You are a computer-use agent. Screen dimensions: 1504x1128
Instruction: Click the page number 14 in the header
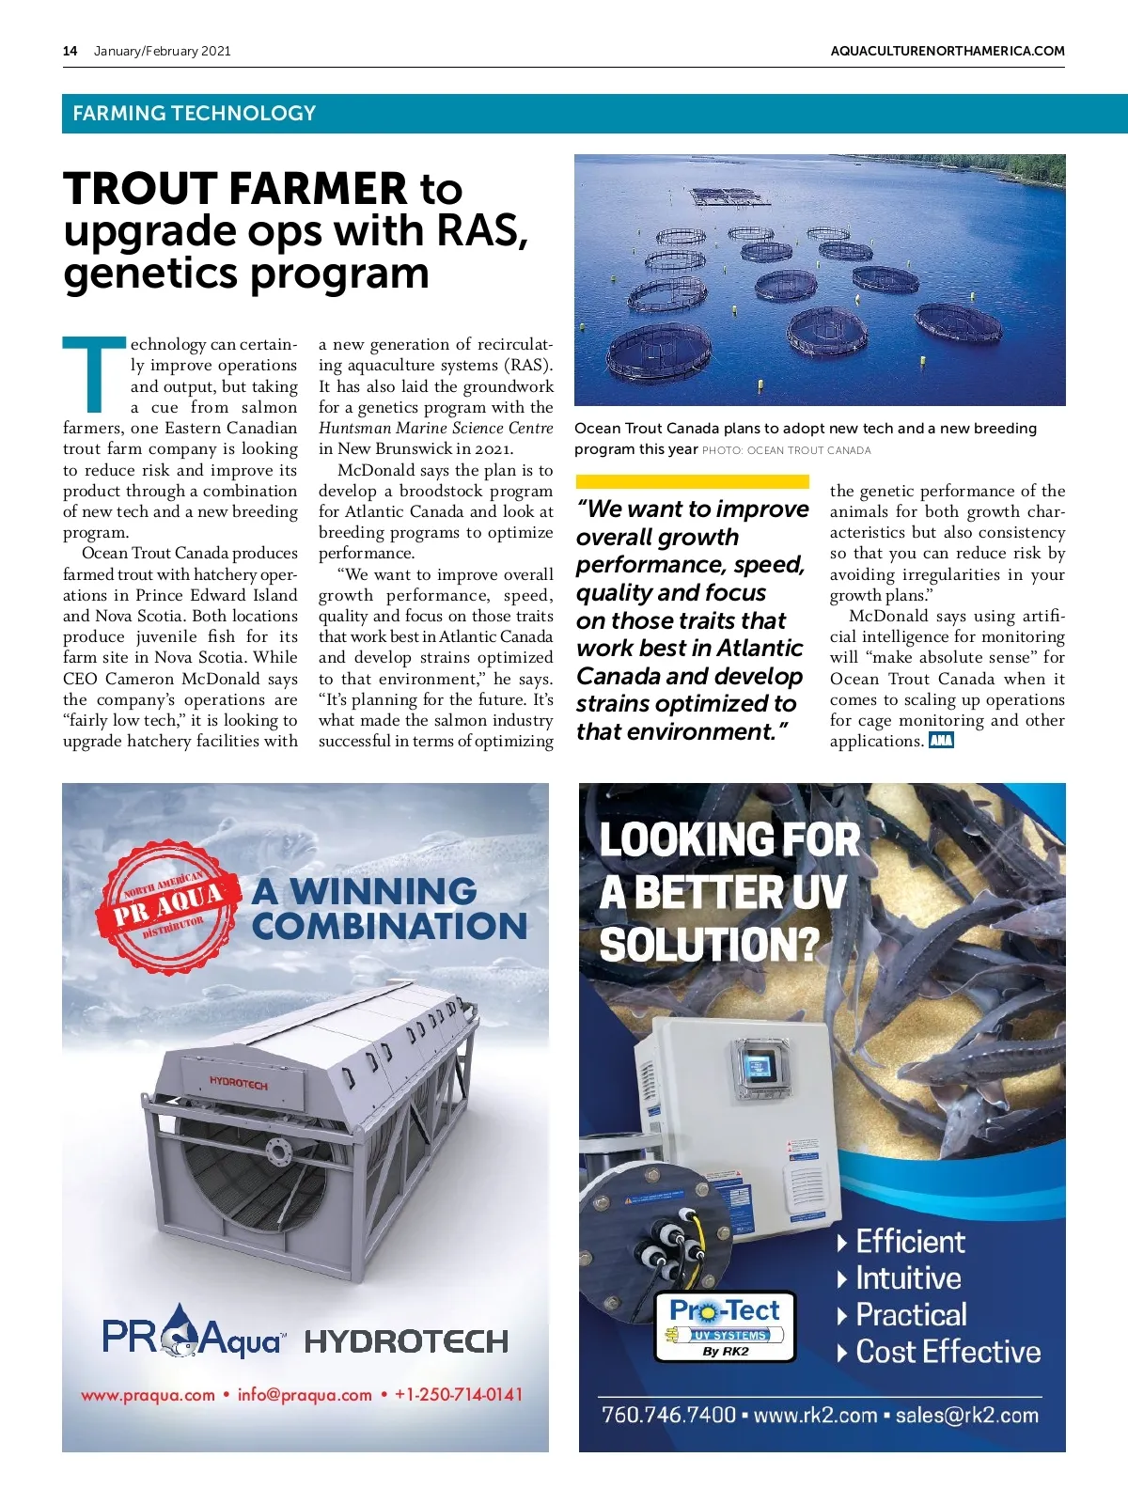pos(70,51)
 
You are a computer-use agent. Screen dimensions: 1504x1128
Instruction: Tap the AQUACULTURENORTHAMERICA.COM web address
pos(948,51)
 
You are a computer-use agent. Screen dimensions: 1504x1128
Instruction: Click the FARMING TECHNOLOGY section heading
pos(194,114)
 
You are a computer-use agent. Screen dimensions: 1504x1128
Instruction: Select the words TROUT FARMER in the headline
pos(235,188)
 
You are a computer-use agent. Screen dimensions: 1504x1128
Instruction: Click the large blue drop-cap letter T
pos(94,374)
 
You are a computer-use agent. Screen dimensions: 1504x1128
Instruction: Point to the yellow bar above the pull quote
pos(692,482)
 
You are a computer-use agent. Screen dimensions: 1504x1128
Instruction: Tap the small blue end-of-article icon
pos(941,741)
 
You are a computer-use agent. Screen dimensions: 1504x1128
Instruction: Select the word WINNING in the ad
pos(383,890)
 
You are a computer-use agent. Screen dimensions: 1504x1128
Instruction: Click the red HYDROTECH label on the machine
pos(238,1083)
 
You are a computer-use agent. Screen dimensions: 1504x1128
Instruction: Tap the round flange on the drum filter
pos(278,1151)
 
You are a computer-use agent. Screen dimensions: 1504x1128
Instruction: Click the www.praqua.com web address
pos(148,1395)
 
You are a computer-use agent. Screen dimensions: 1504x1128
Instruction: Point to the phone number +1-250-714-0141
pos(458,1394)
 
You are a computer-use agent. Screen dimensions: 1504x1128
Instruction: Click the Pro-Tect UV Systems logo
pos(725,1325)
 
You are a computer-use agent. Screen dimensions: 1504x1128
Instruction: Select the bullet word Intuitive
pos(908,1278)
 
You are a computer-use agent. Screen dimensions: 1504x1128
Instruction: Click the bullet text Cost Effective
pos(948,1352)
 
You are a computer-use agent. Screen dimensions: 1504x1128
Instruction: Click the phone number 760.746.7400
pos(668,1415)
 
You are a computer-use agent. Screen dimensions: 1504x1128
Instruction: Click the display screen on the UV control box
pos(757,1067)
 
